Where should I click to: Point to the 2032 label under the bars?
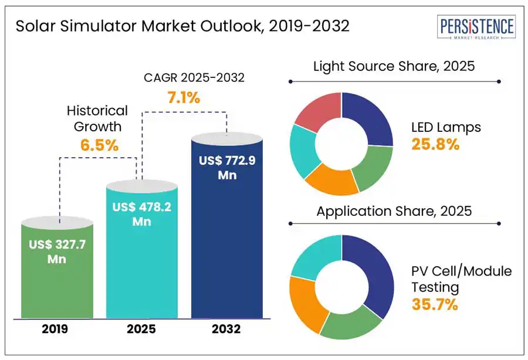(227, 329)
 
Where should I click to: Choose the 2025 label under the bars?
(141, 329)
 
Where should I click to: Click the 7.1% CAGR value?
(184, 98)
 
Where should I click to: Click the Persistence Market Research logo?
(477, 28)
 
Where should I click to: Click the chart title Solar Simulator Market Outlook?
(182, 26)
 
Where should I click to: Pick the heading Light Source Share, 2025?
(394, 66)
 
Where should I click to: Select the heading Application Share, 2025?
(394, 211)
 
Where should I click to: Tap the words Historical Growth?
(97, 118)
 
